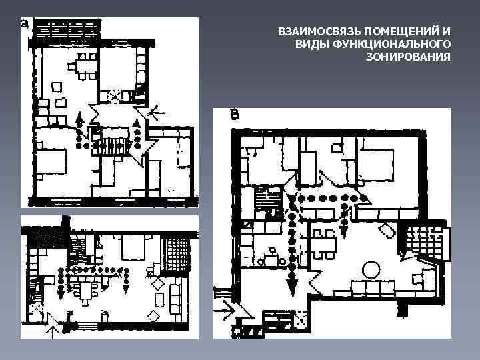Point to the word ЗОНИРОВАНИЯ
408,57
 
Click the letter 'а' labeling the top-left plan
25,26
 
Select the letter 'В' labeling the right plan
235,116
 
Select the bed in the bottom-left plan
137,251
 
